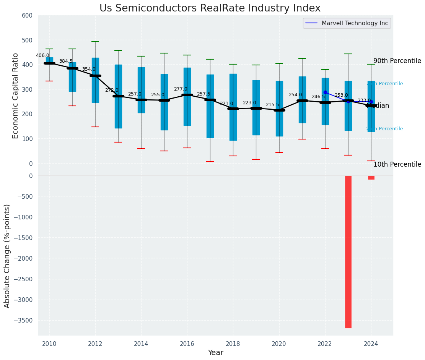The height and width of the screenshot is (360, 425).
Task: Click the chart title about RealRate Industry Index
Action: pyautogui.click(x=210, y=8)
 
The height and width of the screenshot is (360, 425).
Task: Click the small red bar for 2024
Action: pyautogui.click(x=371, y=178)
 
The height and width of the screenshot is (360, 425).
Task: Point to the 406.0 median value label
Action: pyautogui.click(x=42, y=55)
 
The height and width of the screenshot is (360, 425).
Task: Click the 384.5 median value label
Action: pyautogui.click(x=66, y=61)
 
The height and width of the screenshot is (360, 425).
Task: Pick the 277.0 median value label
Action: pyautogui.click(x=181, y=89)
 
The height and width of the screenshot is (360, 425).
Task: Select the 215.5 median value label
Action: pyautogui.click(x=272, y=105)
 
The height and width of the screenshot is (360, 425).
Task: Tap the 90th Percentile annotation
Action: pyautogui.click(x=397, y=61)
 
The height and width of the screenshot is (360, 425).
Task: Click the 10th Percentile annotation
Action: pyautogui.click(x=397, y=164)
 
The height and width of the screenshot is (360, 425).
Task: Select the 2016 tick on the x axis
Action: pyautogui.click(x=187, y=344)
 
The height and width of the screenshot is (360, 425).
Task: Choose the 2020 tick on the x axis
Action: pyautogui.click(x=279, y=344)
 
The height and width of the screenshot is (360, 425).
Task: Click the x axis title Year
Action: pyautogui.click(x=216, y=353)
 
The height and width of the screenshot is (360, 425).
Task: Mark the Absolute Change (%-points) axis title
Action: pyautogui.click(x=7, y=256)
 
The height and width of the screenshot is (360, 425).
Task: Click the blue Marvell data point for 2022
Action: pyautogui.click(x=325, y=92)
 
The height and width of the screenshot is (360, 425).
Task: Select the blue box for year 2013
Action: pyautogui.click(x=118, y=96)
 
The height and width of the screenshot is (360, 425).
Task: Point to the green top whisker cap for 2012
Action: pyautogui.click(x=95, y=42)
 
